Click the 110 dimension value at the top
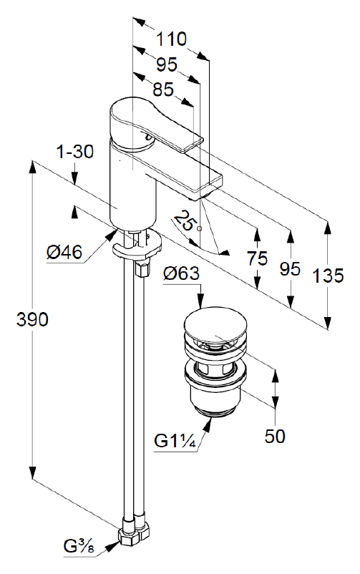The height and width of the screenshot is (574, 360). tap(171, 39)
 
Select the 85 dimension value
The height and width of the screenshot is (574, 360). tap(163, 89)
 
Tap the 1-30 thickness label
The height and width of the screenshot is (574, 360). tap(75, 152)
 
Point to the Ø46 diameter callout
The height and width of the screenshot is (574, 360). tap(64, 252)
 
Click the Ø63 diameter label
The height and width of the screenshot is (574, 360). tap(181, 273)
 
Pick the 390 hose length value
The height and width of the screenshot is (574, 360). tap(32, 320)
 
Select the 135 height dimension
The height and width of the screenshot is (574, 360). tap(328, 276)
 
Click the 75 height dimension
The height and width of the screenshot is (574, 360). tap(257, 258)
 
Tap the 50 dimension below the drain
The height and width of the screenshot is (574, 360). tap(275, 436)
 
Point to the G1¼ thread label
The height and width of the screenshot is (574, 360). tap(175, 441)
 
